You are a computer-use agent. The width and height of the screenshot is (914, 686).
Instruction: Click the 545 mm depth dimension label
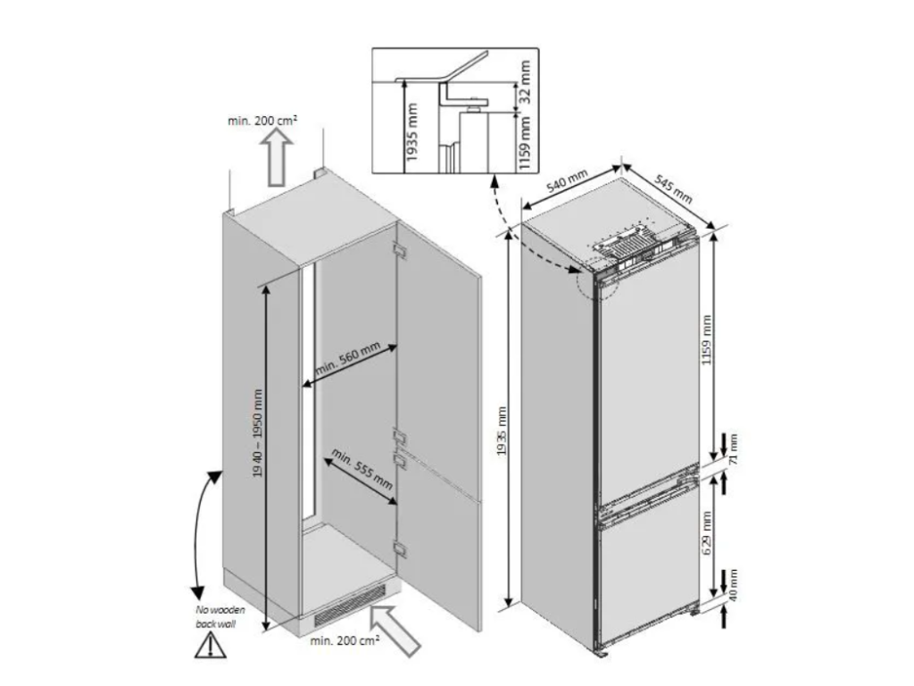[x=673, y=188]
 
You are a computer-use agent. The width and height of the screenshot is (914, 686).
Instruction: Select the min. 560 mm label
[x=348, y=358]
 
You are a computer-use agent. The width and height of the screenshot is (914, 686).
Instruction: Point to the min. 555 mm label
[x=362, y=468]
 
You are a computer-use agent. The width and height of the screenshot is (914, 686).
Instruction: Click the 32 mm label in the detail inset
[x=524, y=81]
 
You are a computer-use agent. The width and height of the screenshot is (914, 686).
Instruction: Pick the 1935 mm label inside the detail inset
[x=411, y=132]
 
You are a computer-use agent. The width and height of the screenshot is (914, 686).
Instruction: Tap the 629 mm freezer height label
[x=707, y=533]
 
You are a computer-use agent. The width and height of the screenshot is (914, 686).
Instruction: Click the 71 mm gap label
[x=734, y=448]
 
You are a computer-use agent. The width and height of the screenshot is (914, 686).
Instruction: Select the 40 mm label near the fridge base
[x=734, y=585]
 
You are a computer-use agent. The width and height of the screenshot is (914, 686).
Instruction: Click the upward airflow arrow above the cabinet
[x=278, y=156]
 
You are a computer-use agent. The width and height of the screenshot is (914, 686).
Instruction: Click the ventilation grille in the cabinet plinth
[x=350, y=605]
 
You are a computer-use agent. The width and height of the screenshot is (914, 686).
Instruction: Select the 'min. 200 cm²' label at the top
[x=262, y=121]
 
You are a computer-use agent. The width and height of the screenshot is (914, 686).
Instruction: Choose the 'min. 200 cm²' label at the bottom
[x=345, y=640]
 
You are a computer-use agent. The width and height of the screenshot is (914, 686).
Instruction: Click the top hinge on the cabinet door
[x=400, y=250]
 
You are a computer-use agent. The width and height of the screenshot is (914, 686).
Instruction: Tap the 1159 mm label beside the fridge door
[x=707, y=339]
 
